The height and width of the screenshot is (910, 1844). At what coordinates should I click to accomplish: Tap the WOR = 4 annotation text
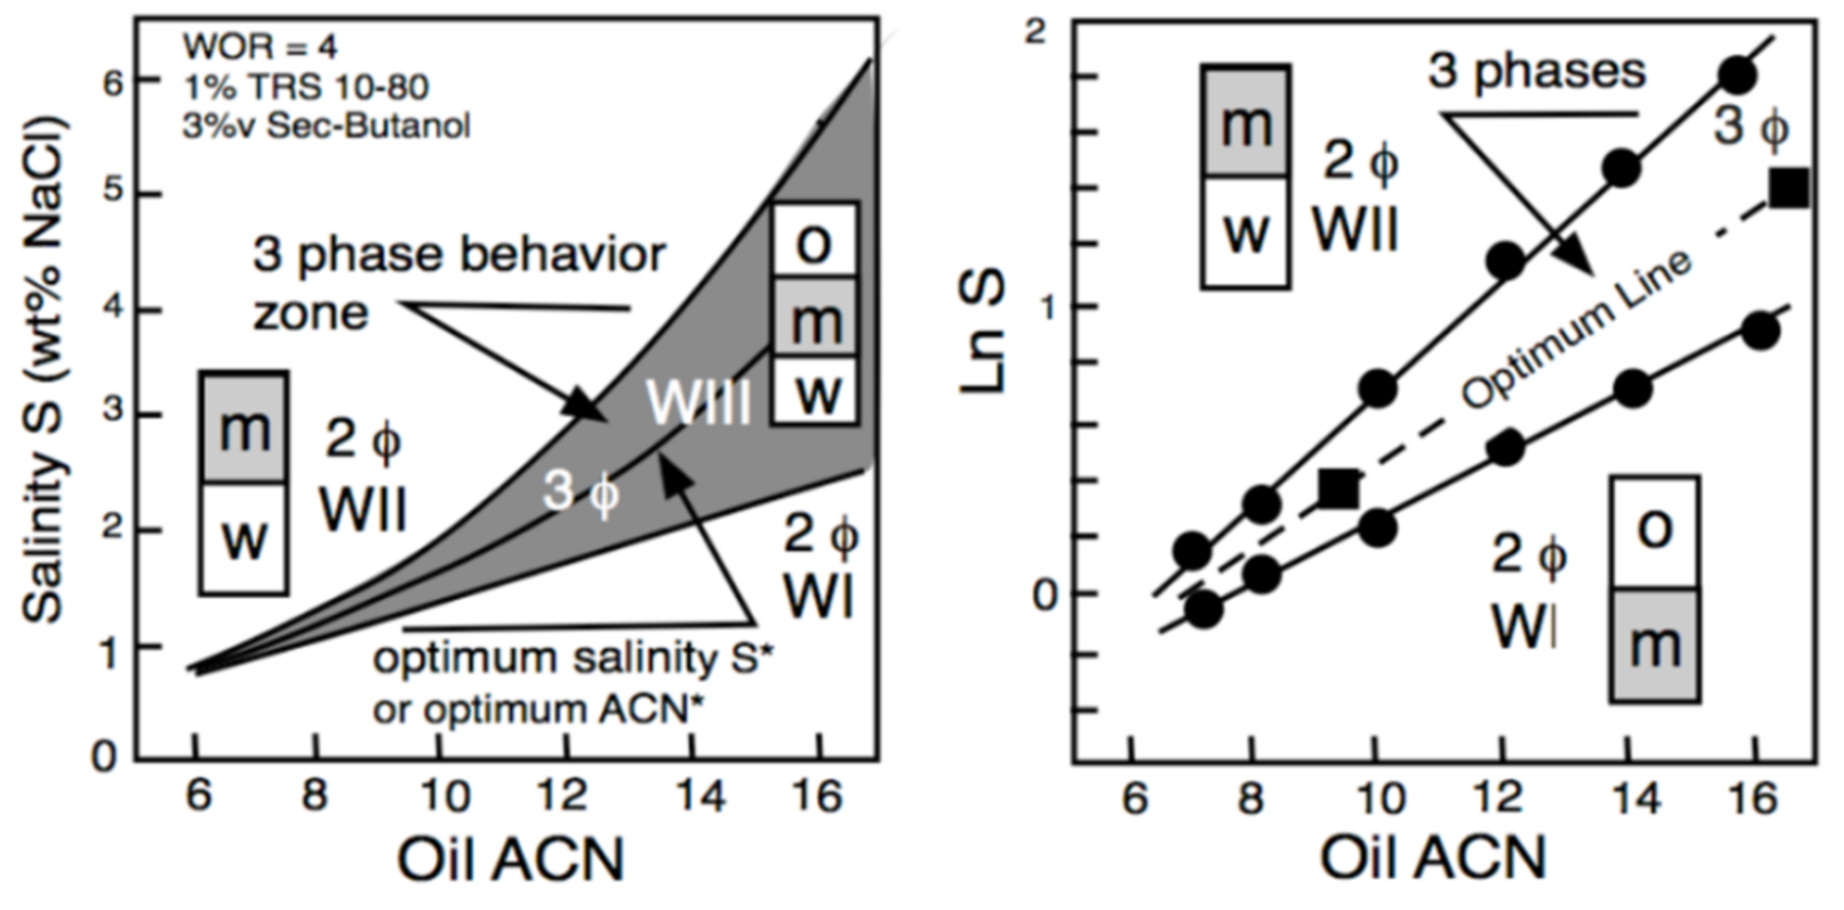(260, 48)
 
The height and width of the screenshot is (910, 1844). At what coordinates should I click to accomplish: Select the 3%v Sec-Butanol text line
(326, 126)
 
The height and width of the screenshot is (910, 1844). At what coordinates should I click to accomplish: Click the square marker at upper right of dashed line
(1789, 188)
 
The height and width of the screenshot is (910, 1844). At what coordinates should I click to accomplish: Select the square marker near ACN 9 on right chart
(1338, 490)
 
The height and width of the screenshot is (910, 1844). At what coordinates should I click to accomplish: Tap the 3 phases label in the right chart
(1536, 73)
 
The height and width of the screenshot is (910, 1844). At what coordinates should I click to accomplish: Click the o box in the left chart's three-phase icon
(814, 241)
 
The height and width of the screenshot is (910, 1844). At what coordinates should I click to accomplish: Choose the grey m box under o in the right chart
(1655, 645)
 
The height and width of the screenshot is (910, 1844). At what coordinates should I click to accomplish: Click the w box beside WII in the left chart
(244, 537)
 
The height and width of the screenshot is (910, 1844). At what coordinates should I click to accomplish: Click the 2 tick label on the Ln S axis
(1036, 32)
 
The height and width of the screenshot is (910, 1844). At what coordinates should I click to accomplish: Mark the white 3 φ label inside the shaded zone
(581, 492)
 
